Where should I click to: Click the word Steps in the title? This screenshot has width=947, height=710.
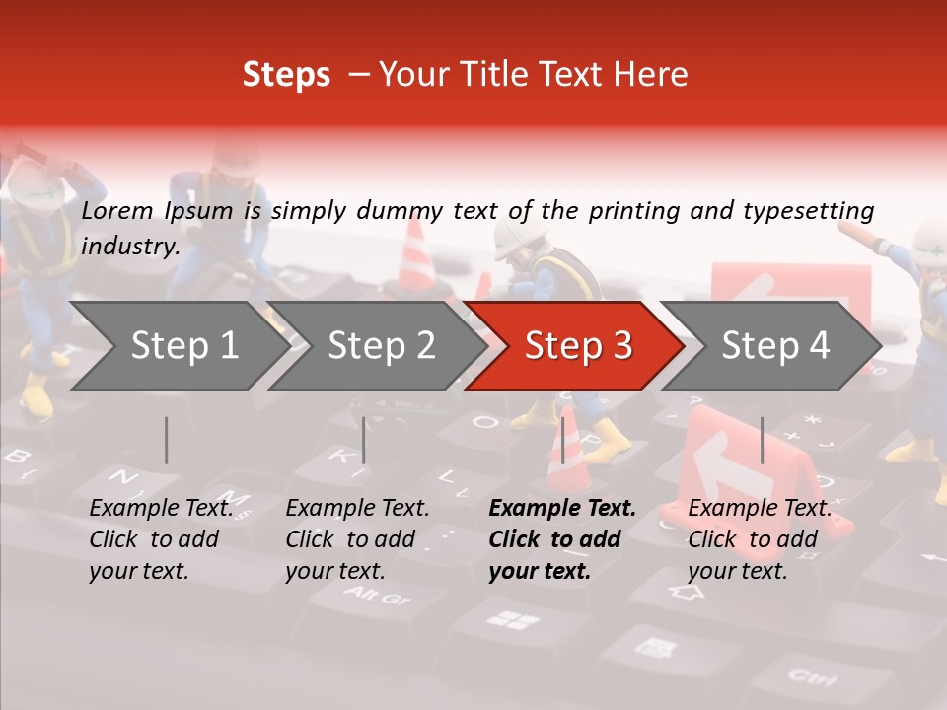(x=286, y=75)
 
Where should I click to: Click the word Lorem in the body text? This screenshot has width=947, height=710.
(x=117, y=210)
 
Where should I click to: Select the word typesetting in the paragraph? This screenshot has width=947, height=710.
(x=808, y=210)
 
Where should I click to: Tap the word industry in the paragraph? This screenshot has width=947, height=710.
(x=129, y=247)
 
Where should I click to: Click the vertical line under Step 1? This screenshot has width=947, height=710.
(x=166, y=440)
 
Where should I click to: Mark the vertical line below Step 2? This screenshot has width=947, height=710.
(x=364, y=440)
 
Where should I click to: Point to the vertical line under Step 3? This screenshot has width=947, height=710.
(x=562, y=440)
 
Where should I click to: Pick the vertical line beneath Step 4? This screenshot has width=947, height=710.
(x=762, y=440)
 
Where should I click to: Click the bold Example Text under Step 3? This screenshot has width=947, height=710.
(x=562, y=509)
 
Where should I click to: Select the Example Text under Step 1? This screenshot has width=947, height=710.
(x=161, y=509)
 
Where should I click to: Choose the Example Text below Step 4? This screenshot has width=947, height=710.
(x=760, y=509)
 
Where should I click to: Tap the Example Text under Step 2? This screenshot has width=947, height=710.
(x=357, y=509)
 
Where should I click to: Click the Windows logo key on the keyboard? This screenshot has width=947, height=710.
(x=513, y=620)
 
